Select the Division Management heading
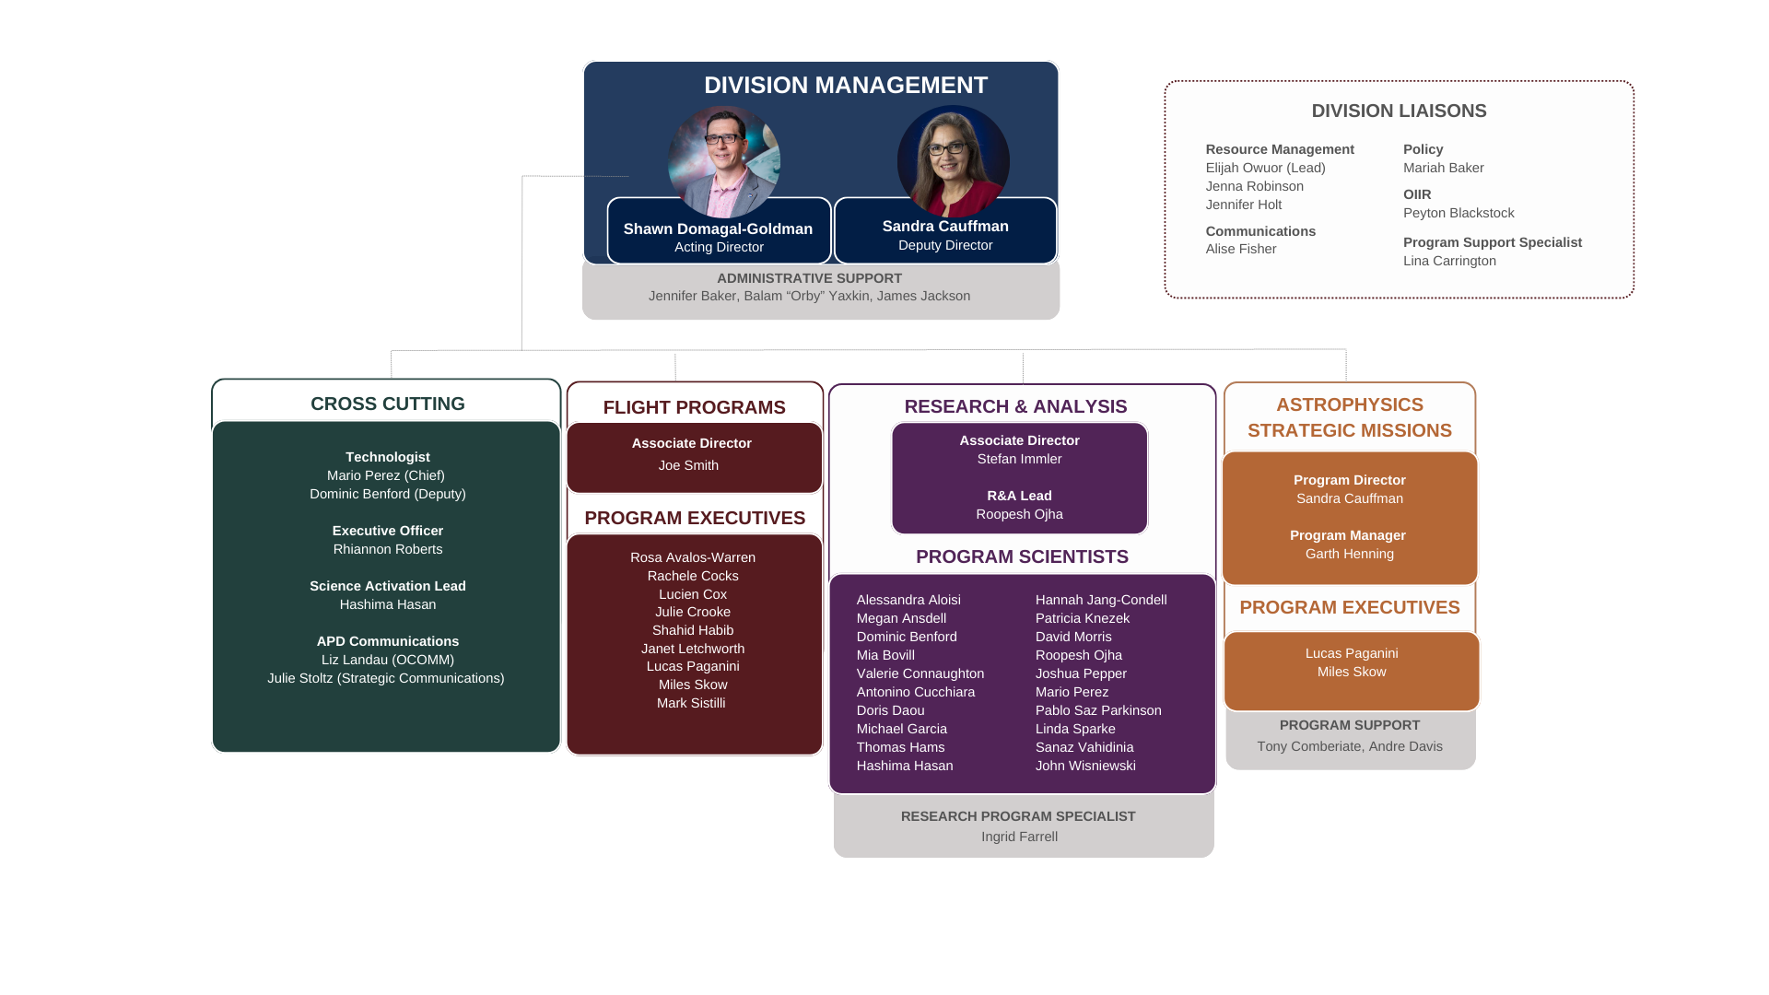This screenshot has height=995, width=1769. tap(845, 86)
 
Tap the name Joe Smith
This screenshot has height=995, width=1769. tap(688, 465)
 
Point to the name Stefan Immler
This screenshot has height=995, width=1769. tap(1019, 459)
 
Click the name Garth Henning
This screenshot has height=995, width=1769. tap(1349, 554)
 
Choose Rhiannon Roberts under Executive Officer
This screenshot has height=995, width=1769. tap(387, 549)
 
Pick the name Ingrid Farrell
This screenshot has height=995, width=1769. tap(1019, 837)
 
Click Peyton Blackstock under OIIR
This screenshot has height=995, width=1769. tap(1458, 213)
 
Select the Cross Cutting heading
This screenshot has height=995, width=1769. tap(387, 404)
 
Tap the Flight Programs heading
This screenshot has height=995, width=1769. tap(694, 407)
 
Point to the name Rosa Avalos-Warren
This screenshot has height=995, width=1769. tap(692, 557)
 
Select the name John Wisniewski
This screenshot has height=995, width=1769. tap(1084, 766)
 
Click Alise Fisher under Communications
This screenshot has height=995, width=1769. tap(1240, 249)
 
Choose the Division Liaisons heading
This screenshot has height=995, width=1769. tap(1399, 111)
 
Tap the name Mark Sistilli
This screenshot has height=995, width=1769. tap(690, 703)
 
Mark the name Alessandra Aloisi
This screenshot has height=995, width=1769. tap(908, 600)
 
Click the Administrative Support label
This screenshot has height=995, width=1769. tap(809, 278)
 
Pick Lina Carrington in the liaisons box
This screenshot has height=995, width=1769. tap(1448, 261)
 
